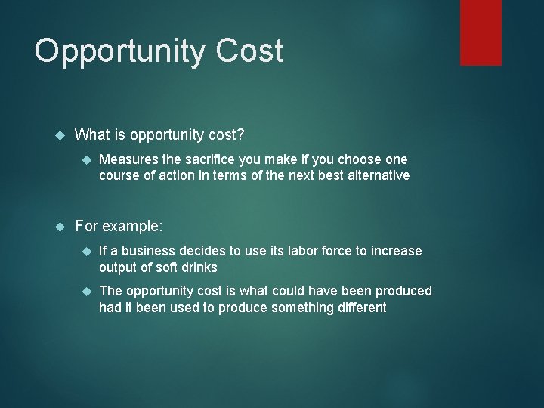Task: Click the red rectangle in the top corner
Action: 481,32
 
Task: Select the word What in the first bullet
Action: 93,134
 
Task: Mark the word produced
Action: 405,291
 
